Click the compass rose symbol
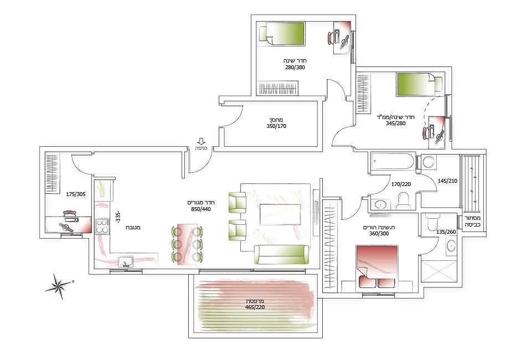[x=59, y=286]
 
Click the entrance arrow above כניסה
[x=202, y=141]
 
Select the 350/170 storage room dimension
[x=276, y=126]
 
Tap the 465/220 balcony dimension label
[x=255, y=307]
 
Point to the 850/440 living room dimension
[x=200, y=209]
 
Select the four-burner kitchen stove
[x=102, y=226]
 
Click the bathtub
[x=393, y=162]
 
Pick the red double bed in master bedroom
[x=377, y=267]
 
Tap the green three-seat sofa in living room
[x=281, y=255]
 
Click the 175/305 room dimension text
[x=75, y=194]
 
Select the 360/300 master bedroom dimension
[x=379, y=234]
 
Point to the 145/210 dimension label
[x=447, y=181]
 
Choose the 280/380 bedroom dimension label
[x=295, y=67]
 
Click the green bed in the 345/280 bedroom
[x=419, y=84]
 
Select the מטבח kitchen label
[x=133, y=227]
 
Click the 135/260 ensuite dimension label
[x=446, y=232]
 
